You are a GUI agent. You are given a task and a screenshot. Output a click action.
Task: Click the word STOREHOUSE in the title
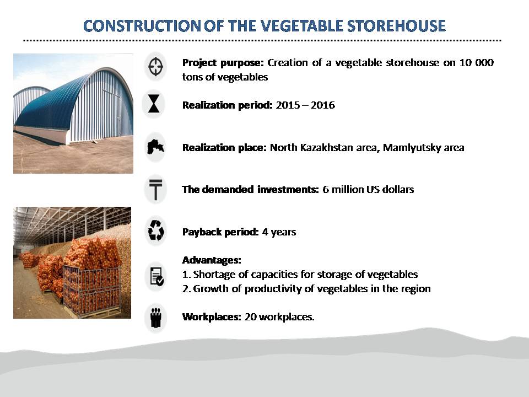point(396,26)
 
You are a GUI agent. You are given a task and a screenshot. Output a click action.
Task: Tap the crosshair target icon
point(155,67)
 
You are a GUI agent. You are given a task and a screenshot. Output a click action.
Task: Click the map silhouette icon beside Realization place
point(155,147)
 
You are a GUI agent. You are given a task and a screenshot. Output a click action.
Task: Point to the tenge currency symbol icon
point(155,189)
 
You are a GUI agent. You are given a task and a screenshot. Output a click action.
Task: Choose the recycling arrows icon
point(156,231)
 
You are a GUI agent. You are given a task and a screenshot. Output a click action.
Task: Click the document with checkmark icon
point(156,276)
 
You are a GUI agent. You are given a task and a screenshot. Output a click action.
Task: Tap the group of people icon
point(156,318)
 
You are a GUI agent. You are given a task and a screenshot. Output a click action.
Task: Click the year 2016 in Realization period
point(323,105)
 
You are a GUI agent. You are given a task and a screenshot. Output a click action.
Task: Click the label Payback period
point(220,232)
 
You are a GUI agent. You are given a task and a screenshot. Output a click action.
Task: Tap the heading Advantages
point(212,260)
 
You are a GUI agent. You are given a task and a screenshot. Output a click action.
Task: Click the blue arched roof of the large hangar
point(51,105)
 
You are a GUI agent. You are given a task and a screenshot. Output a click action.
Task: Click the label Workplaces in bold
point(212,318)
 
